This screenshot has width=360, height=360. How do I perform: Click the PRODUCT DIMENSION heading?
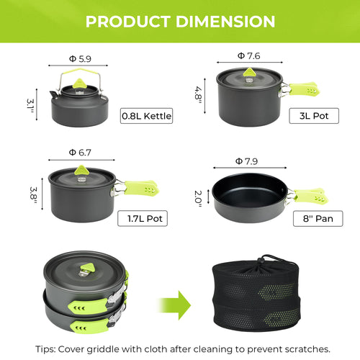point(180,21)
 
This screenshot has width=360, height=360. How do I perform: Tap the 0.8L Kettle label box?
point(147,115)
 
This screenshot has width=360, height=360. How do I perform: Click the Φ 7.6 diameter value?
point(249,55)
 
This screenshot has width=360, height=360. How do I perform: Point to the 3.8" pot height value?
point(32,194)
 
